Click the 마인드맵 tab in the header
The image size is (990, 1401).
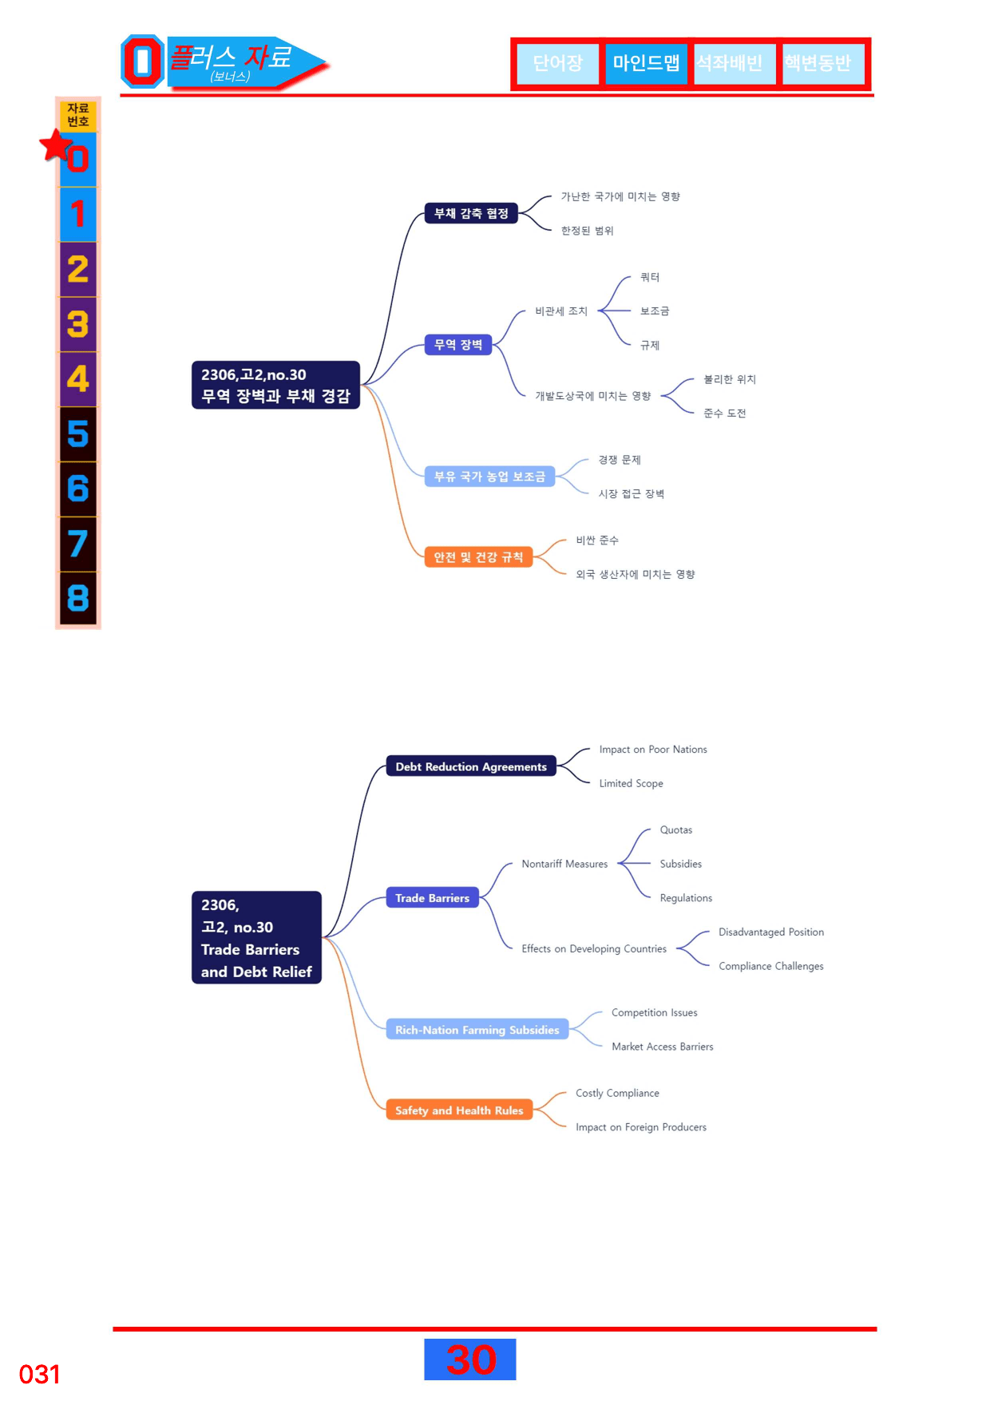pos(646,63)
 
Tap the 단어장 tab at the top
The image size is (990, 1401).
pos(557,63)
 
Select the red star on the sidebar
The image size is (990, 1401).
pos(56,145)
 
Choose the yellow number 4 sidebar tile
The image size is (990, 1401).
pos(78,379)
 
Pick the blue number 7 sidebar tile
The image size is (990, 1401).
pos(78,544)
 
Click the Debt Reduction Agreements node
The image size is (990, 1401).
pos(471,766)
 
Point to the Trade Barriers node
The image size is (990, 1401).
pos(432,898)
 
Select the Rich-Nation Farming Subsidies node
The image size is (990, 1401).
pos(477,1030)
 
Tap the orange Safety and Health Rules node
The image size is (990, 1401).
pos(459,1110)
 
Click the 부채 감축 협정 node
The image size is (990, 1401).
pos(471,213)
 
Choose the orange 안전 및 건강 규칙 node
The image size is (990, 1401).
pos(478,557)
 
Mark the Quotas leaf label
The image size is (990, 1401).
pos(676,830)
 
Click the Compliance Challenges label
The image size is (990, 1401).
pos(771,966)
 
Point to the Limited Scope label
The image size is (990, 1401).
pos(632,783)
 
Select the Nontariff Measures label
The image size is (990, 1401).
pos(564,864)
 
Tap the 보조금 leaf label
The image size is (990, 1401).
pos(655,311)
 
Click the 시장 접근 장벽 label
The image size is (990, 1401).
pos(632,494)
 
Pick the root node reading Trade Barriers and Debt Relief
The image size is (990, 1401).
pos(256,937)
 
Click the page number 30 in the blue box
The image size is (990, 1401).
pos(470,1359)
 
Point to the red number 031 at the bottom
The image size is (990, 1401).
pos(40,1375)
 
